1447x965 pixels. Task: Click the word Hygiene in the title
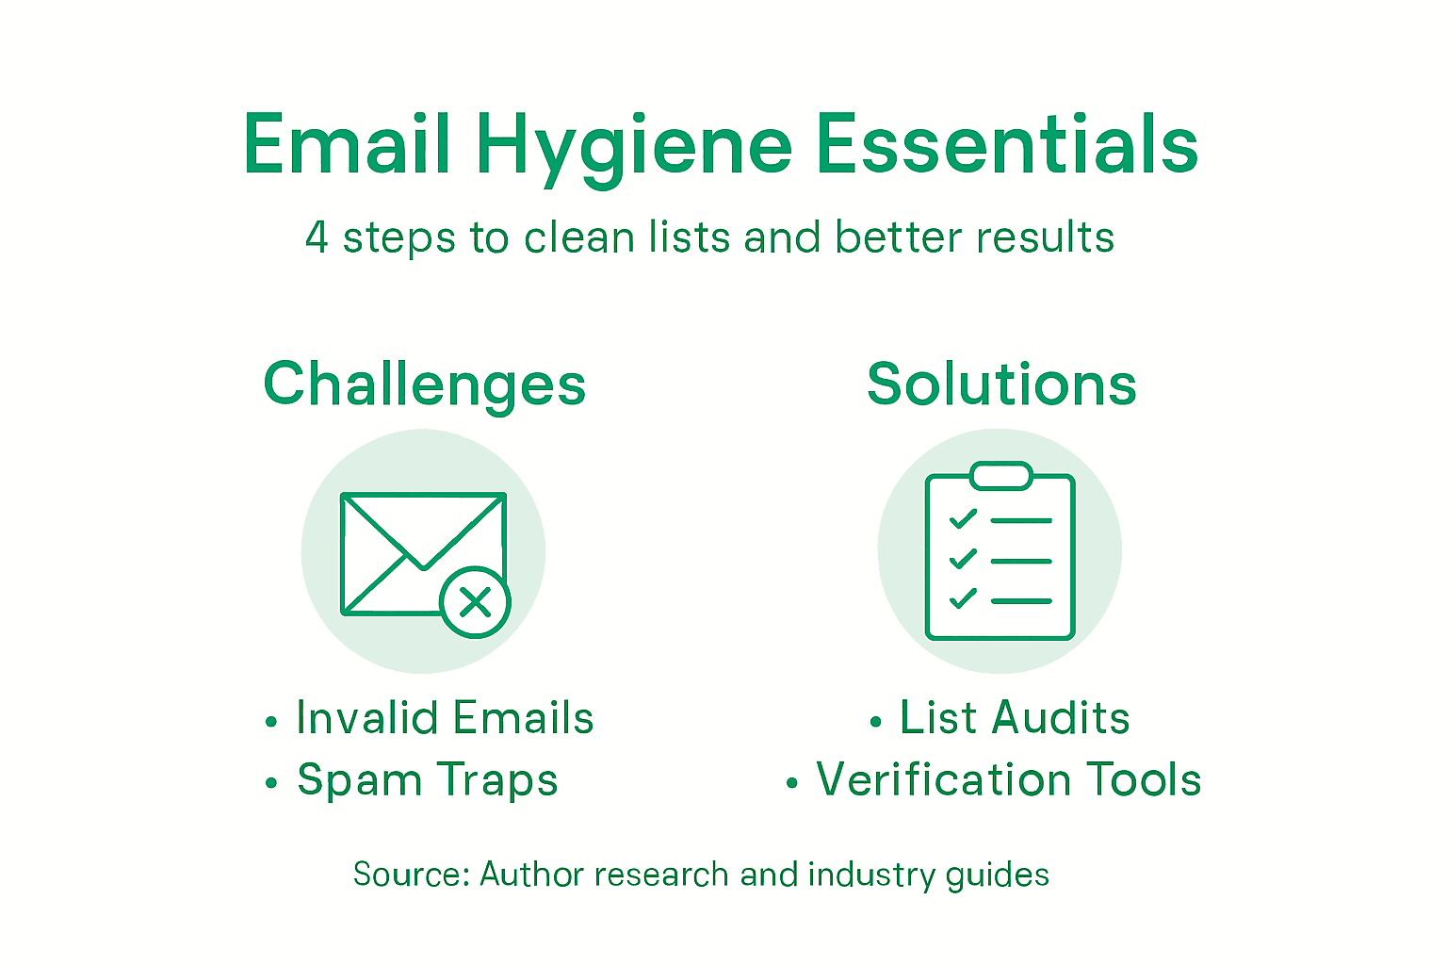coord(633,146)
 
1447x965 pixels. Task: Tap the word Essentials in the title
coord(1006,146)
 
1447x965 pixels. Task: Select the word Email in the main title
coord(347,146)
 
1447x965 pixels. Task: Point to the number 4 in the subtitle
coord(317,237)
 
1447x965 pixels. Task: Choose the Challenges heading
coord(425,384)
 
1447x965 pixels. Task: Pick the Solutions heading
coord(1001,384)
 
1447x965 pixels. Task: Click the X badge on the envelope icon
coord(476,602)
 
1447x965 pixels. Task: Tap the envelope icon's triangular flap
coord(423,529)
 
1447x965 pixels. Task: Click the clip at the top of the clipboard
coord(1000,476)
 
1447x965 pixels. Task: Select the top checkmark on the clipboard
coord(962,519)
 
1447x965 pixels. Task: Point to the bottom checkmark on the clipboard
coord(962,598)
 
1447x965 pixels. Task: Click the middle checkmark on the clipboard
coord(962,559)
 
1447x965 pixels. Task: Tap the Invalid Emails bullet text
coord(445,718)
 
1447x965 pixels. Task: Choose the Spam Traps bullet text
coord(428,780)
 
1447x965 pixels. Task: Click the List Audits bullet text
coord(1015,718)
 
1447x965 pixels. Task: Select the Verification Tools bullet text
coord(1008,780)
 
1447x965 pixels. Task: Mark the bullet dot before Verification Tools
coord(792,783)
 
